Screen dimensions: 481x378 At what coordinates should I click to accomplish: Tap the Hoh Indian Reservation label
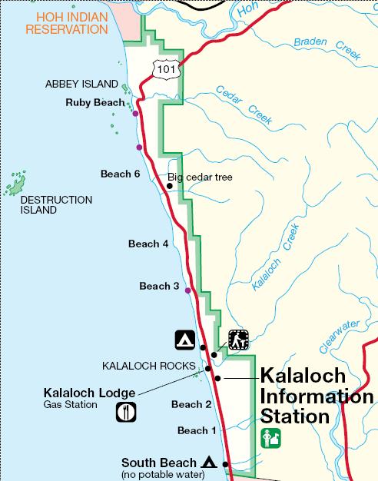[66, 23]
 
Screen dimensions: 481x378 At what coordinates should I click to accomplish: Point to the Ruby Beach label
[94, 102]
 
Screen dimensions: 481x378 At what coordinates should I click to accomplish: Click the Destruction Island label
[56, 205]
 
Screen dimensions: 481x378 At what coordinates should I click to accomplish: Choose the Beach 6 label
[120, 174]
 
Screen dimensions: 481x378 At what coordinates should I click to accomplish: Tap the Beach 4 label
[148, 244]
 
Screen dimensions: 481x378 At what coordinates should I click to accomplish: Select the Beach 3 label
[159, 287]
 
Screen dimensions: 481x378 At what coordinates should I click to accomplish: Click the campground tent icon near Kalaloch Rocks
[184, 339]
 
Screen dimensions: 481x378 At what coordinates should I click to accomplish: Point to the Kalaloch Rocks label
[149, 366]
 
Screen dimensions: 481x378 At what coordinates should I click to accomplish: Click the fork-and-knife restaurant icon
[125, 412]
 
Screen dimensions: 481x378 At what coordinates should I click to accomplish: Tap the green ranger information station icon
[271, 439]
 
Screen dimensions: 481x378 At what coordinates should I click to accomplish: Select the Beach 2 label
[191, 404]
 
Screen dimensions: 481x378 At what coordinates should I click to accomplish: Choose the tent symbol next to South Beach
[207, 463]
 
